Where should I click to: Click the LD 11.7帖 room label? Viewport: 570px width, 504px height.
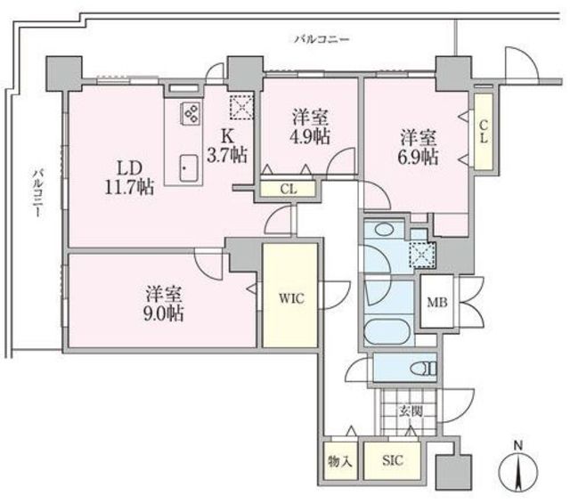[129, 178]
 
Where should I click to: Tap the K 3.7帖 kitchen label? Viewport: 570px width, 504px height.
[227, 146]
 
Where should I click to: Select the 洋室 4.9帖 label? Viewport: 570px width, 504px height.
[311, 127]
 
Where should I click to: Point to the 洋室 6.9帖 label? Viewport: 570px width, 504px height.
[419, 147]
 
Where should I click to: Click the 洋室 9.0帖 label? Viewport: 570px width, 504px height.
[164, 304]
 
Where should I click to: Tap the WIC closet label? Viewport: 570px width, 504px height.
[291, 298]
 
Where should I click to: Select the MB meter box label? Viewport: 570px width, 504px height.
[437, 302]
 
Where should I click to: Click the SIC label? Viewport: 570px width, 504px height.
[393, 460]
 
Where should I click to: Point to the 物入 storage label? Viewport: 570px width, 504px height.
[340, 461]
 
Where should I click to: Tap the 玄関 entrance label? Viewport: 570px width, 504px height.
[411, 411]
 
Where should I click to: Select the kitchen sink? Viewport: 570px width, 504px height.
[189, 168]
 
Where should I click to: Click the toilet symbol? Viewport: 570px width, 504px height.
[423, 369]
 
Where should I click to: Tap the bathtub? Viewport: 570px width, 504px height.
[389, 331]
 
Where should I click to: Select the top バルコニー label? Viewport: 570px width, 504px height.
[322, 39]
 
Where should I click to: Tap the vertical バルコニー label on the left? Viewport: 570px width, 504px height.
[37, 193]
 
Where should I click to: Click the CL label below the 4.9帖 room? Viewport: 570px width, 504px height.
[289, 189]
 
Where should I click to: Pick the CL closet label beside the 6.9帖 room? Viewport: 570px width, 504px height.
[483, 131]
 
